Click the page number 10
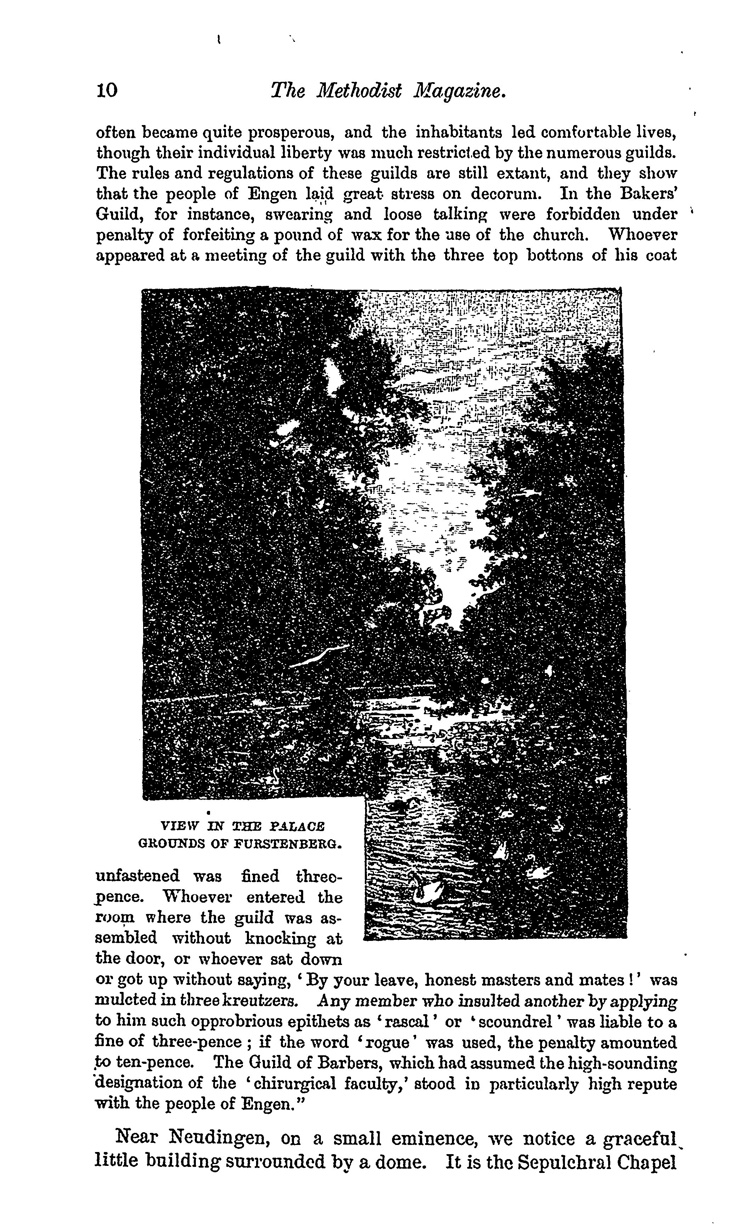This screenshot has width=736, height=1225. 107,90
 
